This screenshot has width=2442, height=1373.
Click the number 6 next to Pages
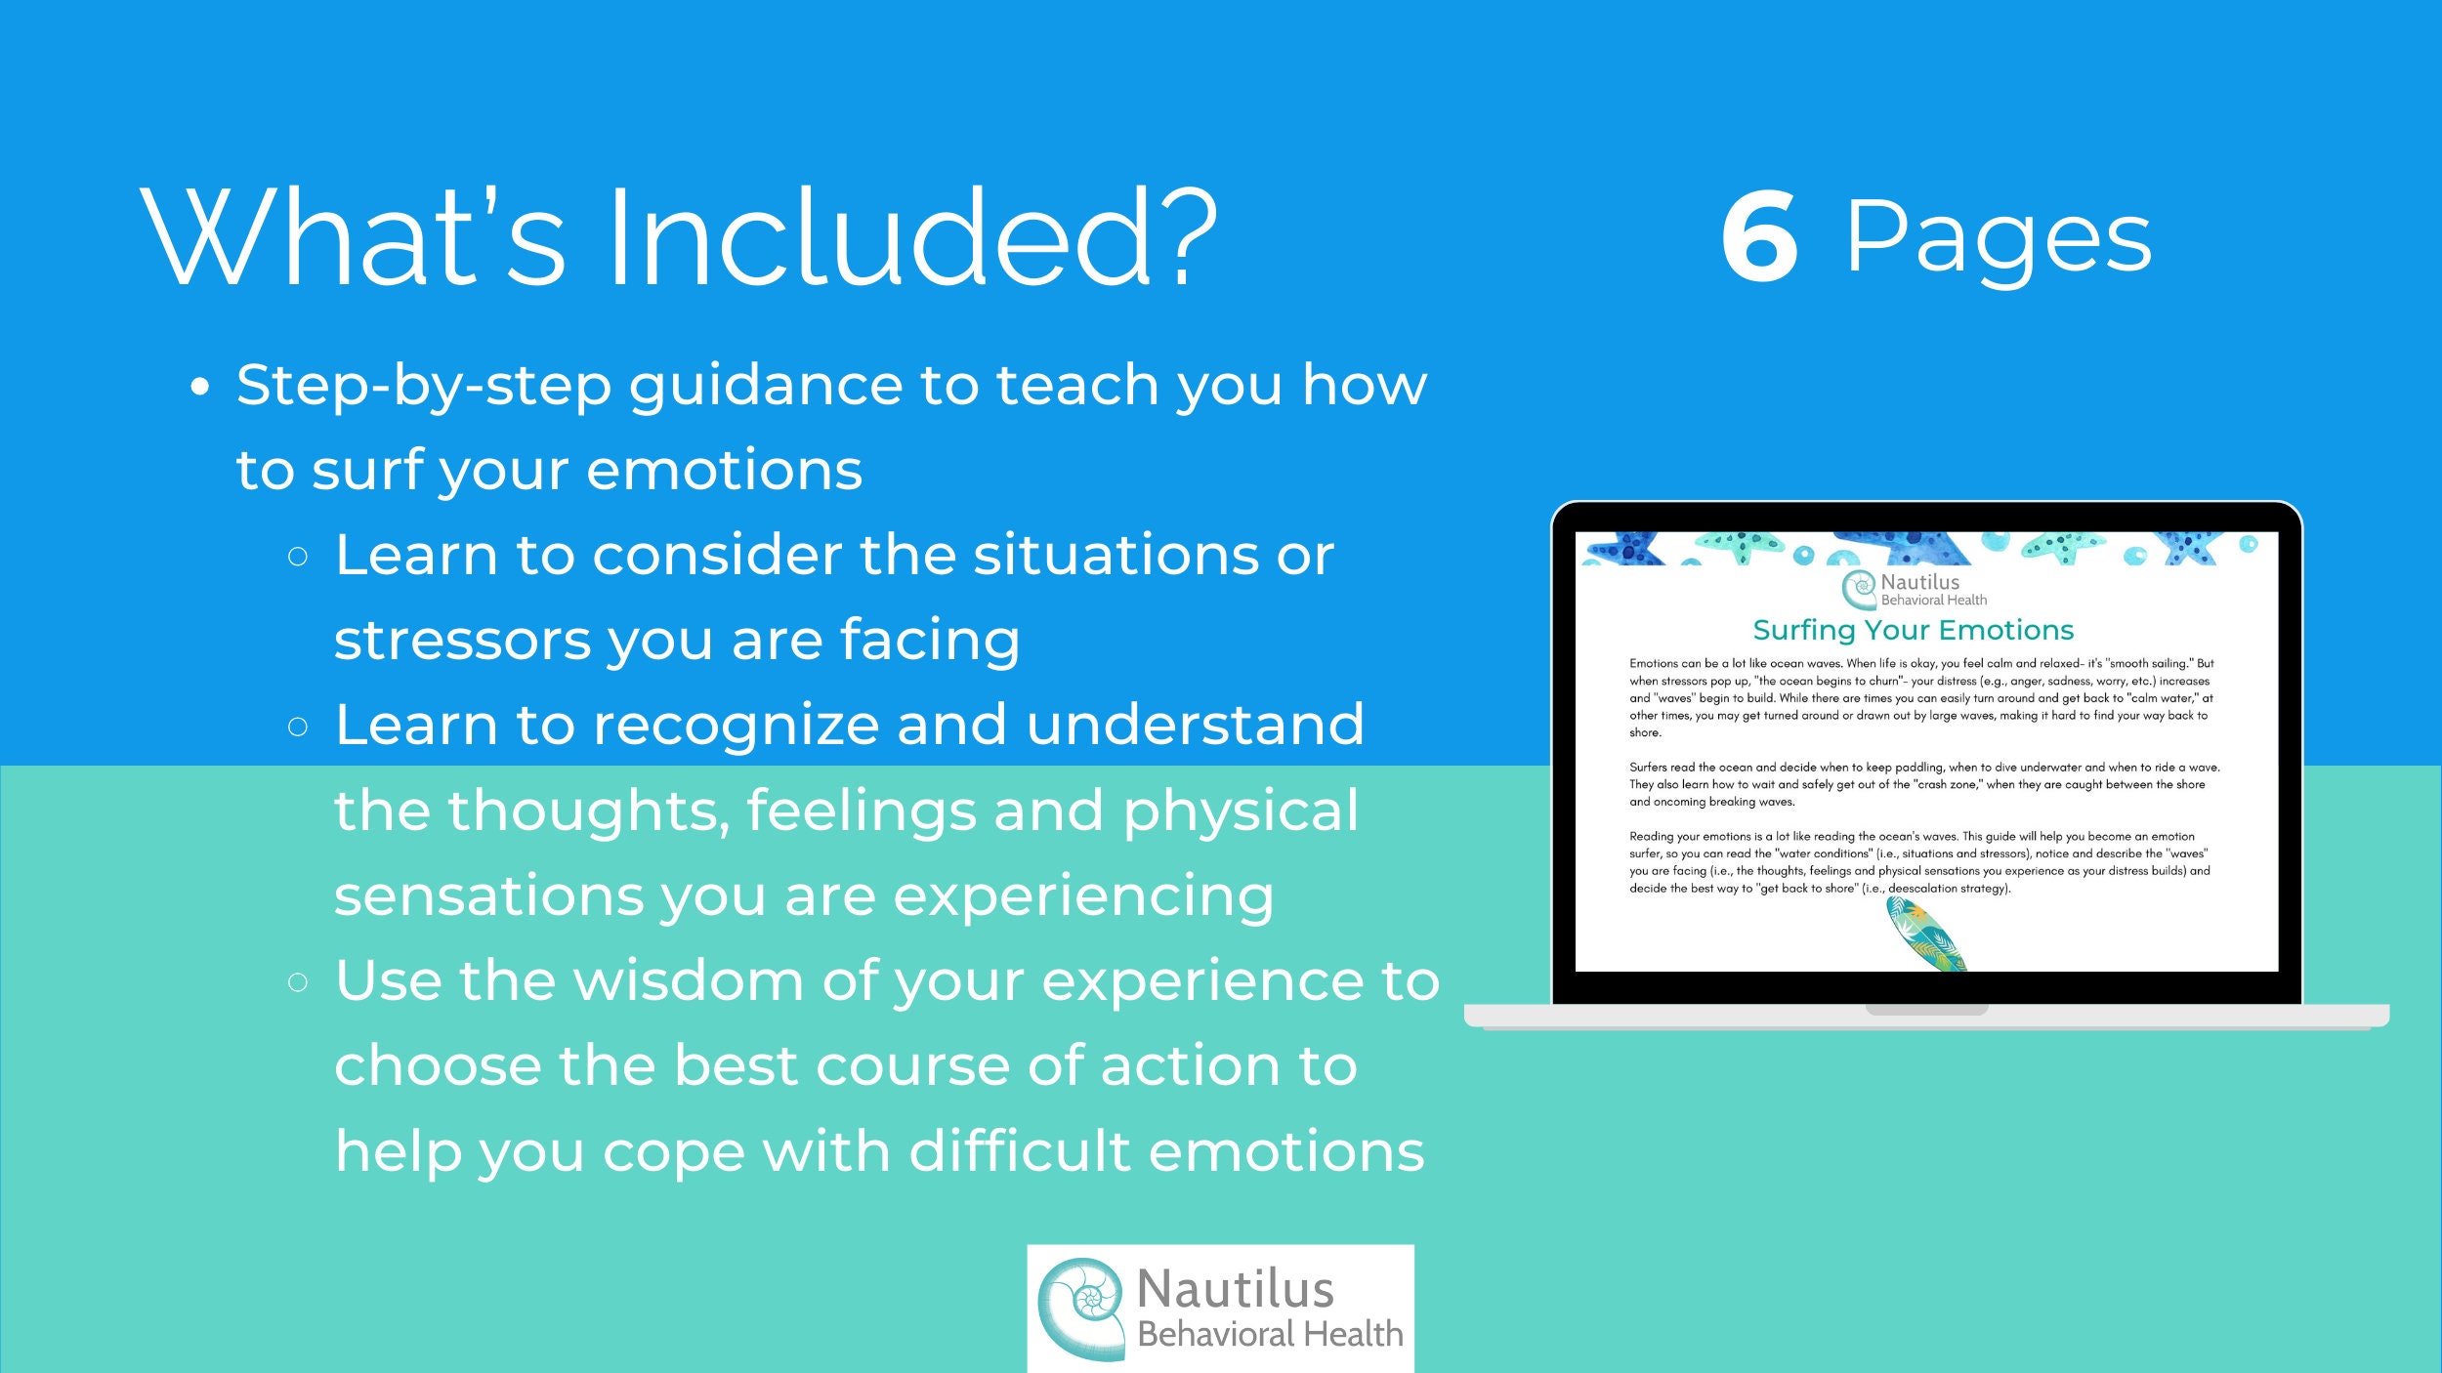(x=1758, y=237)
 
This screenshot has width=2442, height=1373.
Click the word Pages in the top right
(x=1998, y=239)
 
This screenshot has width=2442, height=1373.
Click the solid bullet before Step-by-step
(x=200, y=388)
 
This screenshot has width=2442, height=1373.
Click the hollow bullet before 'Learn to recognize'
(x=298, y=727)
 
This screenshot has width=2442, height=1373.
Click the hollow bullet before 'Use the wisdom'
(x=298, y=982)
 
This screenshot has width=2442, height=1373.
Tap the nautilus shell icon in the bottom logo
(x=1080, y=1307)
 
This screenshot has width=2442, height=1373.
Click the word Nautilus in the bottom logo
(x=1235, y=1289)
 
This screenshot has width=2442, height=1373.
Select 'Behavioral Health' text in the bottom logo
(x=1270, y=1334)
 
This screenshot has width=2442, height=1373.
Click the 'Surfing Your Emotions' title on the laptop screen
(x=1913, y=630)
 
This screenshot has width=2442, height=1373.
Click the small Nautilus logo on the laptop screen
(x=1913, y=590)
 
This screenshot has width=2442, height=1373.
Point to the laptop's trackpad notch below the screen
(x=1926, y=1010)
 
